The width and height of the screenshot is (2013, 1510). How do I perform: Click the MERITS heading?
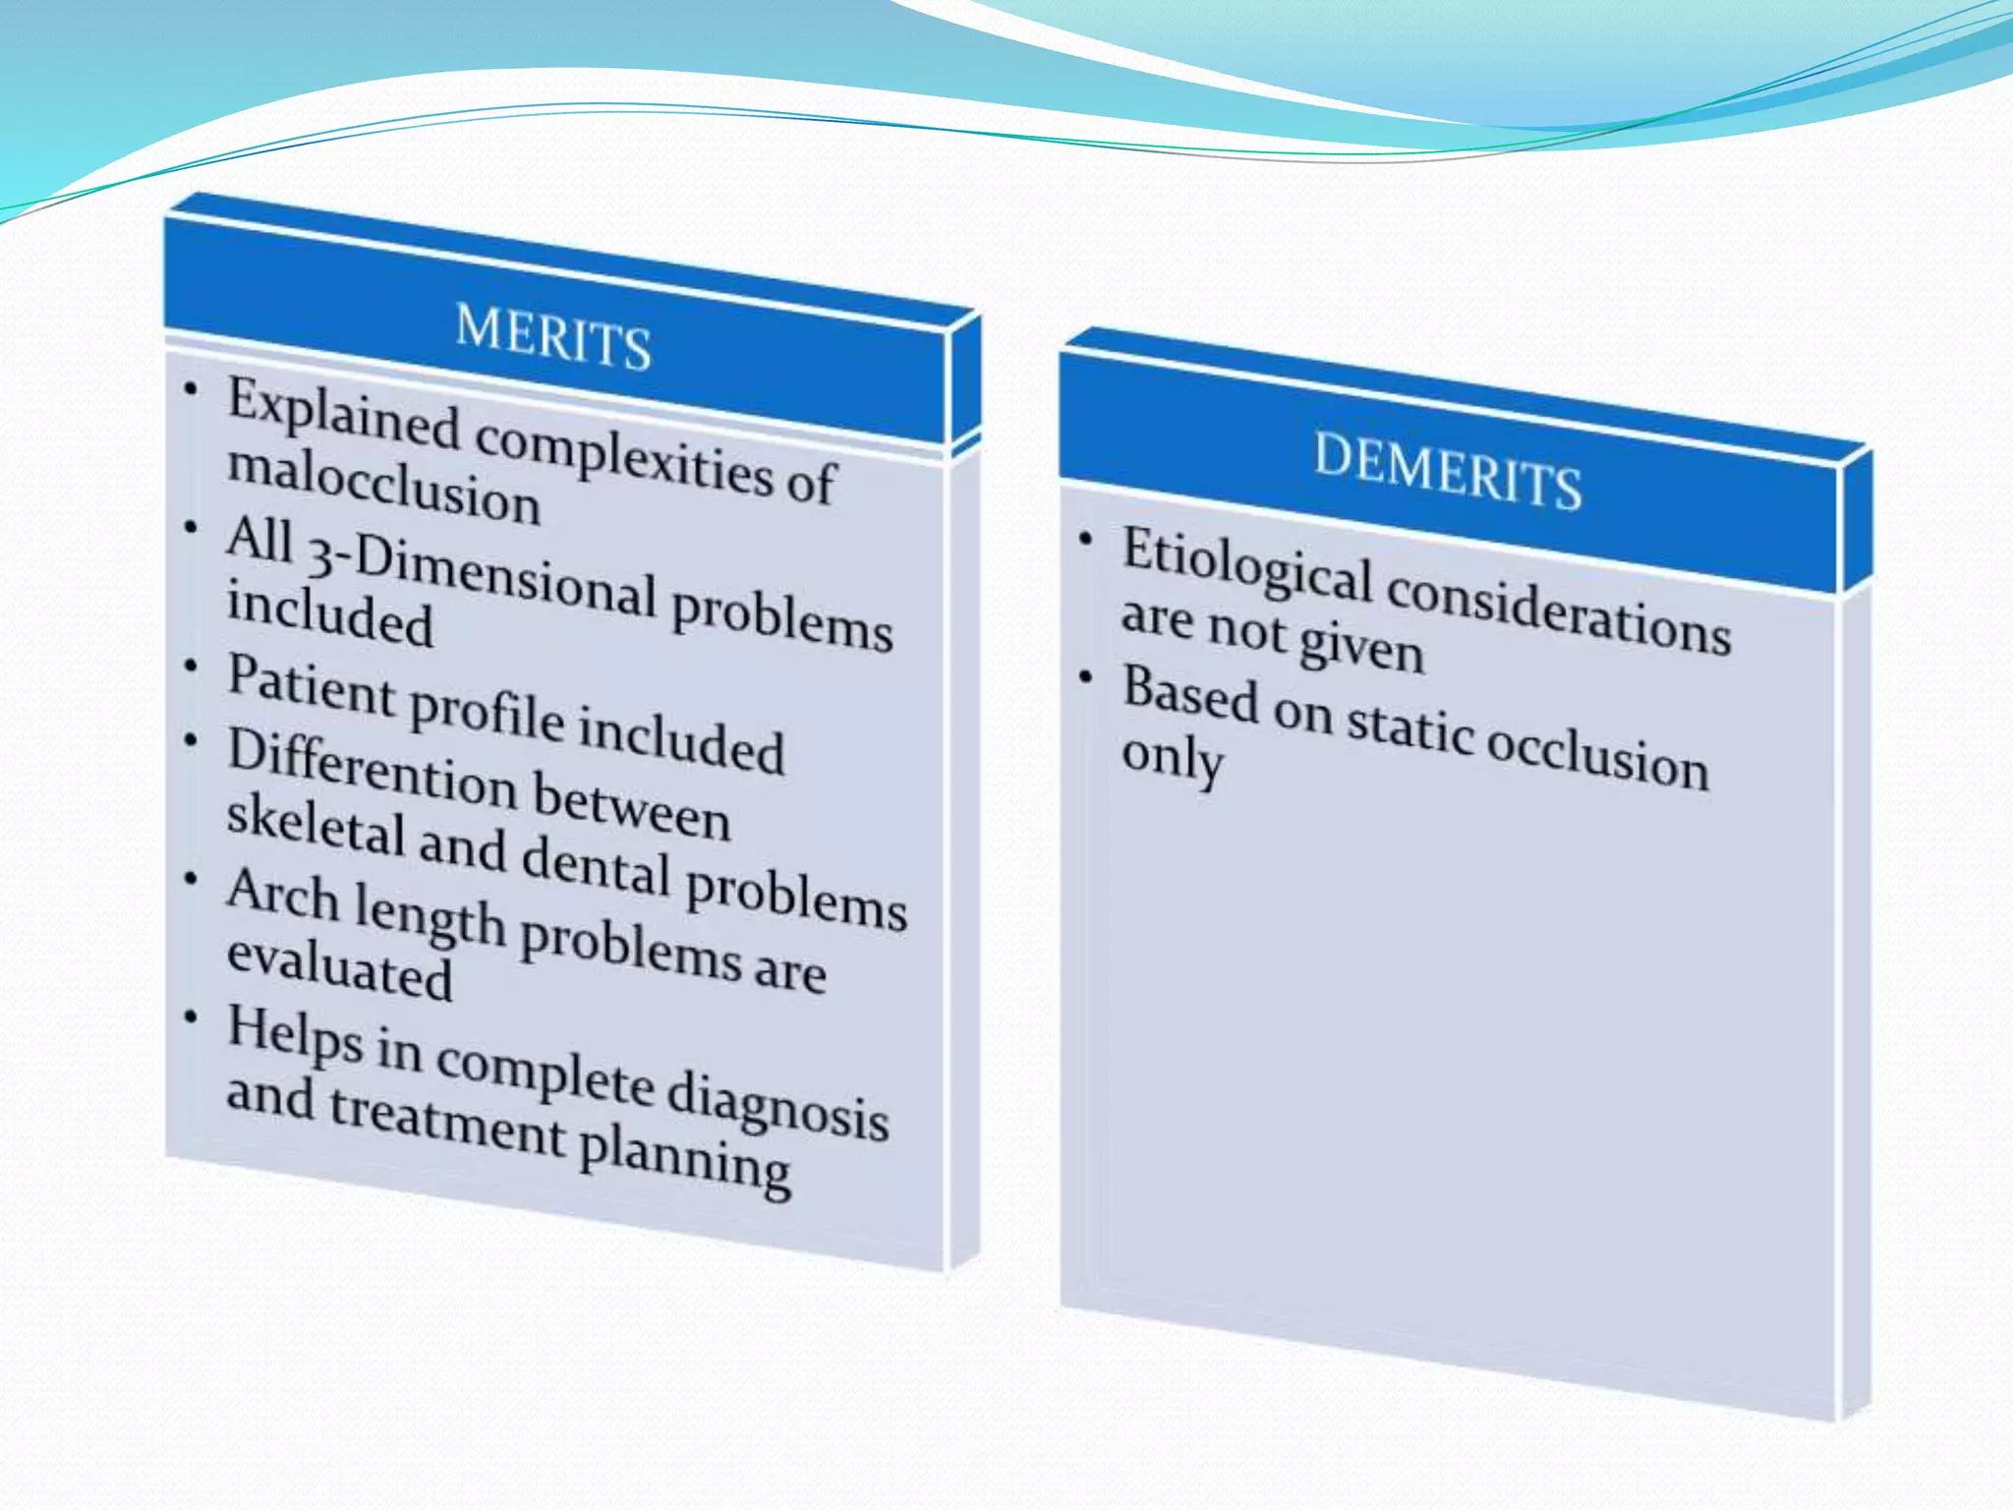pos(553,337)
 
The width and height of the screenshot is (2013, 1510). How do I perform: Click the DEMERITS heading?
pos(1448,471)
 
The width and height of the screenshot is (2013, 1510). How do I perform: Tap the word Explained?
pos(344,414)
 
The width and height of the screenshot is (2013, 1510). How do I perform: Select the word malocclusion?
pos(383,487)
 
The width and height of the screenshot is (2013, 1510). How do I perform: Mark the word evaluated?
pos(340,967)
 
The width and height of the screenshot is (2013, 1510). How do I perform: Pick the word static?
pos(1409,727)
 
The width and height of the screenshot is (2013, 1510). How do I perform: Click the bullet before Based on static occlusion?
pos(1086,676)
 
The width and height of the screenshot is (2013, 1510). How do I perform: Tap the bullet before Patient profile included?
pos(191,667)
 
